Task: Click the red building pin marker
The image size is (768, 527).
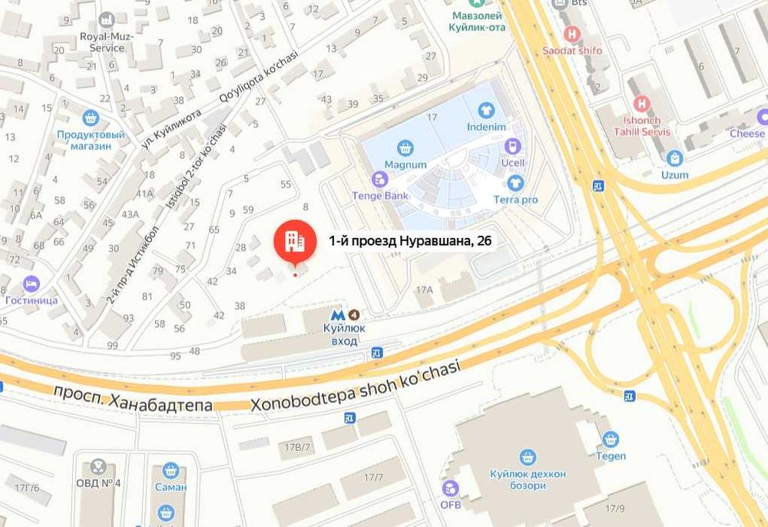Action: point(295,240)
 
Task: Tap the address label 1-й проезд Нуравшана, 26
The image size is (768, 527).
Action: point(410,240)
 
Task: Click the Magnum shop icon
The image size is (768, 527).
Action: point(405,147)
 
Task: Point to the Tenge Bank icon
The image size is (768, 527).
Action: point(379,179)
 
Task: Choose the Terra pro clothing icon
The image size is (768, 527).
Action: point(515,183)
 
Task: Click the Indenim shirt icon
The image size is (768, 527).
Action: point(485,110)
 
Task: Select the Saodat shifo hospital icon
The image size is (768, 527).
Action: point(572,35)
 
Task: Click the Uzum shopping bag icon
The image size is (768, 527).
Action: point(675,158)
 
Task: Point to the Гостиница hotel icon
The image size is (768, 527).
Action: point(31,283)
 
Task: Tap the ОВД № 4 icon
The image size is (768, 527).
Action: point(98,466)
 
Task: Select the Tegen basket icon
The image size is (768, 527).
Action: point(611,439)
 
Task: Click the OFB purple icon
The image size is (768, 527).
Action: point(450,488)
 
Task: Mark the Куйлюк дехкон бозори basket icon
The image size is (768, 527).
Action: point(528,458)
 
